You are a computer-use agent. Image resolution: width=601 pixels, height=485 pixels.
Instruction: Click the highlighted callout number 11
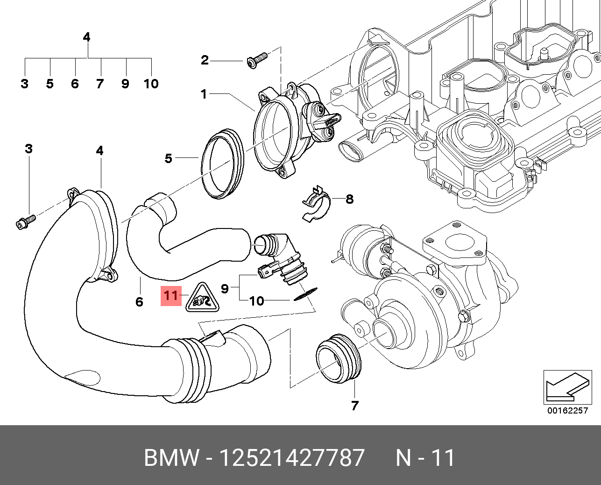[x=171, y=295]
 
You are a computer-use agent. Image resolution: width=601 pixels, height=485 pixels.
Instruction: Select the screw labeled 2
[x=257, y=60]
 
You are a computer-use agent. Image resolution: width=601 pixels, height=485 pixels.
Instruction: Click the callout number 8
[x=349, y=199]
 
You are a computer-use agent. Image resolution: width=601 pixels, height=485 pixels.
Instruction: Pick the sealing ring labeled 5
[x=222, y=164]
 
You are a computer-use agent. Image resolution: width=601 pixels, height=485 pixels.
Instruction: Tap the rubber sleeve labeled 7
[x=339, y=359]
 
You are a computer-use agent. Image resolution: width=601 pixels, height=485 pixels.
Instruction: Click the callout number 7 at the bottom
[x=354, y=405]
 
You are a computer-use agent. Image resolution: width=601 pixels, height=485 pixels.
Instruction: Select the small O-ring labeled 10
[x=306, y=294]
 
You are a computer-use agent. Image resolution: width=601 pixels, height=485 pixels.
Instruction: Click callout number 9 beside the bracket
[x=225, y=288]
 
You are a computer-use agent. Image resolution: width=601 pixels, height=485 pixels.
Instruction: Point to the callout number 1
[x=204, y=94]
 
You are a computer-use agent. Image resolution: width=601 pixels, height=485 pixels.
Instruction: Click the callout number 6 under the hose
[x=139, y=302]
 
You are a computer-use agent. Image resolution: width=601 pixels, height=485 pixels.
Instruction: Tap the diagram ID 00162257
[x=568, y=410]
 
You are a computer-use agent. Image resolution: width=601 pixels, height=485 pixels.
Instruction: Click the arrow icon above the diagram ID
[x=567, y=387]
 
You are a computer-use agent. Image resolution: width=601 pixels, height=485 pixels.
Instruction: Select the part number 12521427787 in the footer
[x=292, y=457]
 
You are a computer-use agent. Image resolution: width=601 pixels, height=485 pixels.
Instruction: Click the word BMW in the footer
[x=172, y=457]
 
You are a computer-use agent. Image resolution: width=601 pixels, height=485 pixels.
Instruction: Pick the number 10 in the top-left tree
[x=151, y=84]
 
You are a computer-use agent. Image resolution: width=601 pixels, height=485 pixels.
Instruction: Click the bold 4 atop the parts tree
[x=86, y=37]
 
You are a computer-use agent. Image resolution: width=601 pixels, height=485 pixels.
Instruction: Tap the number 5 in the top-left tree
[x=49, y=84]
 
